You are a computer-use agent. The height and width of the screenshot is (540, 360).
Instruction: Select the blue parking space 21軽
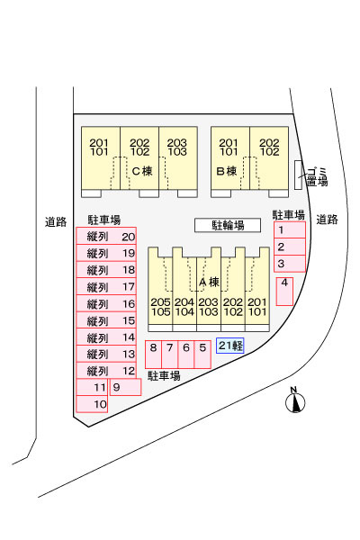230,346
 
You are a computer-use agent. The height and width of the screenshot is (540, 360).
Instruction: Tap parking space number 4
284,292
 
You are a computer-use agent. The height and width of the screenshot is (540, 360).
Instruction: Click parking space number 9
125,387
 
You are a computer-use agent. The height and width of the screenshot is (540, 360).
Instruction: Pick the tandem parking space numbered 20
106,236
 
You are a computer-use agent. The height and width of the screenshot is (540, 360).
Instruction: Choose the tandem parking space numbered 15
106,320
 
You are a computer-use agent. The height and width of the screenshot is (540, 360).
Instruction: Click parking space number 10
92,404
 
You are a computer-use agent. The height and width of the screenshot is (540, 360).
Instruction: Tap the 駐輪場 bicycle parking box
228,225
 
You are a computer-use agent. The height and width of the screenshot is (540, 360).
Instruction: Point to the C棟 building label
142,171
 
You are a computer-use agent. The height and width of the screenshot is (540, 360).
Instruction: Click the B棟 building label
226,171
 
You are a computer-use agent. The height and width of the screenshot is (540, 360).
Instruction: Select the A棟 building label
209,283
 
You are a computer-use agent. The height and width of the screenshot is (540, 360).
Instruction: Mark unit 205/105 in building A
160,307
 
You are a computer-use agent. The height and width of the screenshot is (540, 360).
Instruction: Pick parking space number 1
290,230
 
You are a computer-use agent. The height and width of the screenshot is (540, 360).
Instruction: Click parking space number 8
153,355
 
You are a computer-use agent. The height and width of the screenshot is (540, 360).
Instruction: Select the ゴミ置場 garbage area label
317,176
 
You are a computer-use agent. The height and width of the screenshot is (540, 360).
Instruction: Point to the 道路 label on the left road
56,221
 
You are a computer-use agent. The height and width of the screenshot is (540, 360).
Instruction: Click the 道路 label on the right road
327,220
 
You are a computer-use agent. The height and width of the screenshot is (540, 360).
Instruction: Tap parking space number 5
202,355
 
